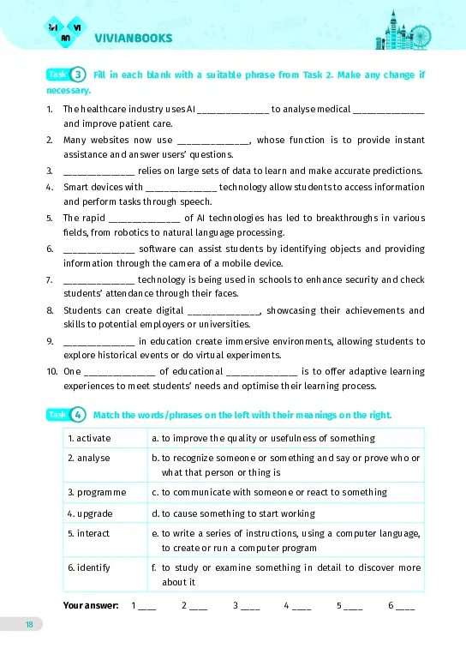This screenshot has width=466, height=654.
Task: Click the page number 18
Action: coord(29,624)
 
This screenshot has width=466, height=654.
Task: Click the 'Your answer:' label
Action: coord(91,605)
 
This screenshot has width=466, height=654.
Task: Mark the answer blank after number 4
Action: coord(302,607)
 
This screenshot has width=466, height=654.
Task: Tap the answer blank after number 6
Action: coord(405,607)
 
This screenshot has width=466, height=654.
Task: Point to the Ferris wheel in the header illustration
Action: coord(421,36)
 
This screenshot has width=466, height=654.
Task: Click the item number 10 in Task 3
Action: coord(51,371)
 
